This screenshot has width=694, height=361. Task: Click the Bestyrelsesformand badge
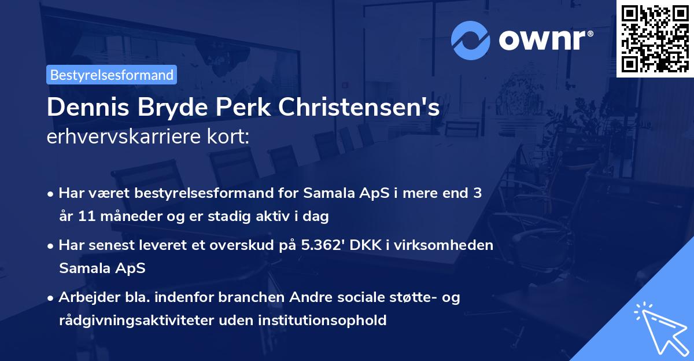pyautogui.click(x=112, y=75)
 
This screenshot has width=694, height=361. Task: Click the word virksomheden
pyautogui.click(x=451, y=245)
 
